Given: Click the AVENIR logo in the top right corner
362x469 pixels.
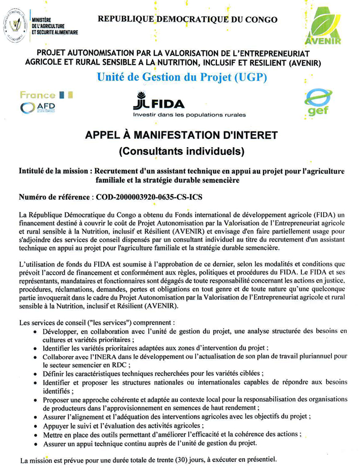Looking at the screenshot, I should point(323,25).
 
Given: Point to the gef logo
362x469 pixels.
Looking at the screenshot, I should point(318,103).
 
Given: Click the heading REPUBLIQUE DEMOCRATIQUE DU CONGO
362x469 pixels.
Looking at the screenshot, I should point(187,20).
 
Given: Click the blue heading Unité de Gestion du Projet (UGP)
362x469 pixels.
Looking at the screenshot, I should point(180,77).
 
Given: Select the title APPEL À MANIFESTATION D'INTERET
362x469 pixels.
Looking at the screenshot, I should point(181,135).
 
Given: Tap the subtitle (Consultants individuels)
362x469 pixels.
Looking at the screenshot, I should point(181,151).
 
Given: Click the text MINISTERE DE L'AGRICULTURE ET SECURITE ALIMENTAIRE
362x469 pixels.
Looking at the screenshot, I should point(54,26).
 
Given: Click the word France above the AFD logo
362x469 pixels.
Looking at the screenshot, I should point(37,95).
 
